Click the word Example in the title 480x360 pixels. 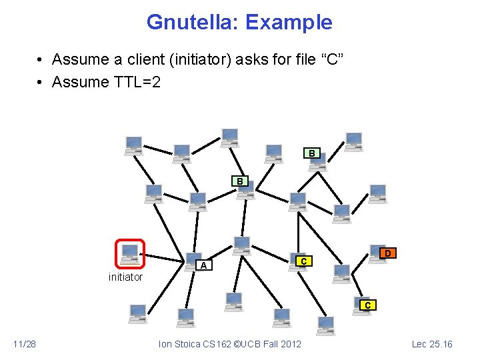[288, 22]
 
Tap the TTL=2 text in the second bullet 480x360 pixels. [139, 82]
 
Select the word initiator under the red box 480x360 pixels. [125, 277]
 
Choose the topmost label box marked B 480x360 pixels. [311, 153]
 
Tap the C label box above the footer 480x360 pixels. [367, 305]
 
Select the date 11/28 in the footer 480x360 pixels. [25, 344]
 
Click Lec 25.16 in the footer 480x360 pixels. [432, 344]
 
